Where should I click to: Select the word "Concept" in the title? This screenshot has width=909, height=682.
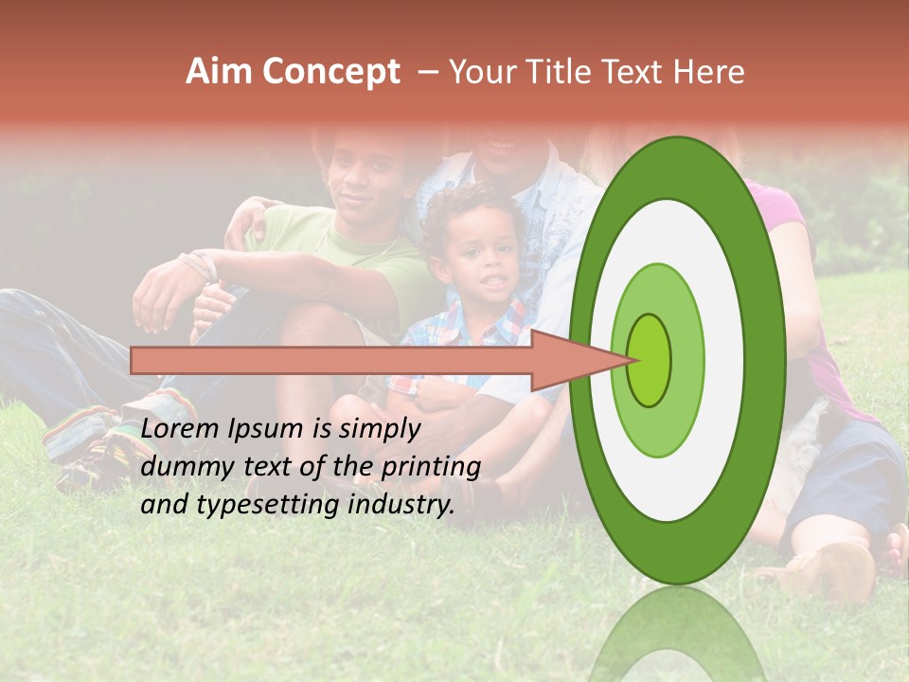[x=330, y=73]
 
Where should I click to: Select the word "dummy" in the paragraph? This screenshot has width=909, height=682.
[x=181, y=467]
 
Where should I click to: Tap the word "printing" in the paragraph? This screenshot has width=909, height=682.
[x=430, y=467]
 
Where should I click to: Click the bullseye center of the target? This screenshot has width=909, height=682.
[x=649, y=359]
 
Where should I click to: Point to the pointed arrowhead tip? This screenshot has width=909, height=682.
[x=633, y=360]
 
